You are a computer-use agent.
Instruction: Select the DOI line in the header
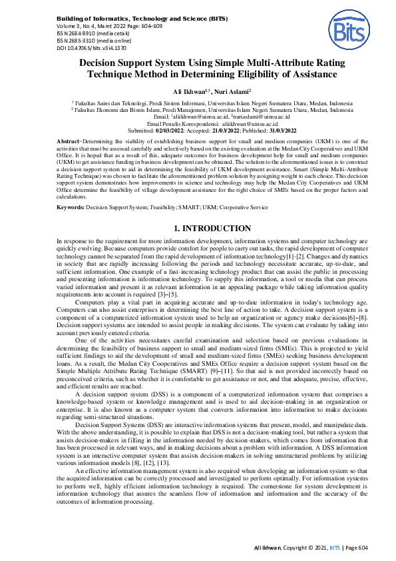pos(91,49)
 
